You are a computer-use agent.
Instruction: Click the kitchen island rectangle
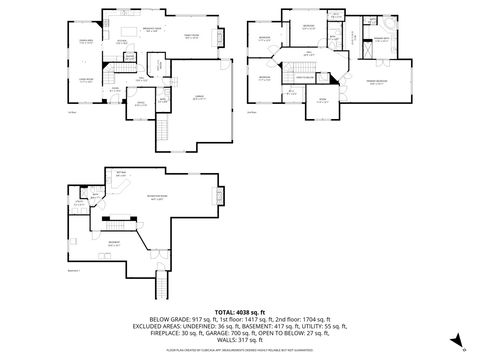pos(125,42)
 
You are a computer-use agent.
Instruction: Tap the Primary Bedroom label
pos(377,83)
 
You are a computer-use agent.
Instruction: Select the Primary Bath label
pos(381,41)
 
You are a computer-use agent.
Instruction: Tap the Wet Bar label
pos(122,173)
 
